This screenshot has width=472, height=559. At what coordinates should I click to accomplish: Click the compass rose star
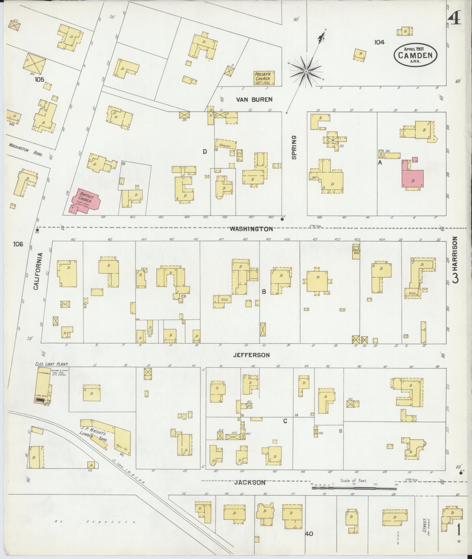[x=306, y=71]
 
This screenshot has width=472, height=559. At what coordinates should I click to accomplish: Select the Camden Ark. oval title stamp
[x=415, y=55]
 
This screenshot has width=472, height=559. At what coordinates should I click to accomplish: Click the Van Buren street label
[x=254, y=100]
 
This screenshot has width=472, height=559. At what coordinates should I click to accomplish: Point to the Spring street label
[x=294, y=147]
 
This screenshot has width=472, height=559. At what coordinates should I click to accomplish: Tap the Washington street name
[x=251, y=229]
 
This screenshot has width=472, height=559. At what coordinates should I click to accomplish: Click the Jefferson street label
[x=251, y=355]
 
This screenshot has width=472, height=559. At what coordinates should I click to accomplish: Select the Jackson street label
[x=250, y=482]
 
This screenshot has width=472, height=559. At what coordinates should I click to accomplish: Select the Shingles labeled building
[x=225, y=144]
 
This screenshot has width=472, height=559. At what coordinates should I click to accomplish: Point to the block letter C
[x=285, y=421]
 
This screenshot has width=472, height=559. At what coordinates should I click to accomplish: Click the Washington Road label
[x=25, y=150]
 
